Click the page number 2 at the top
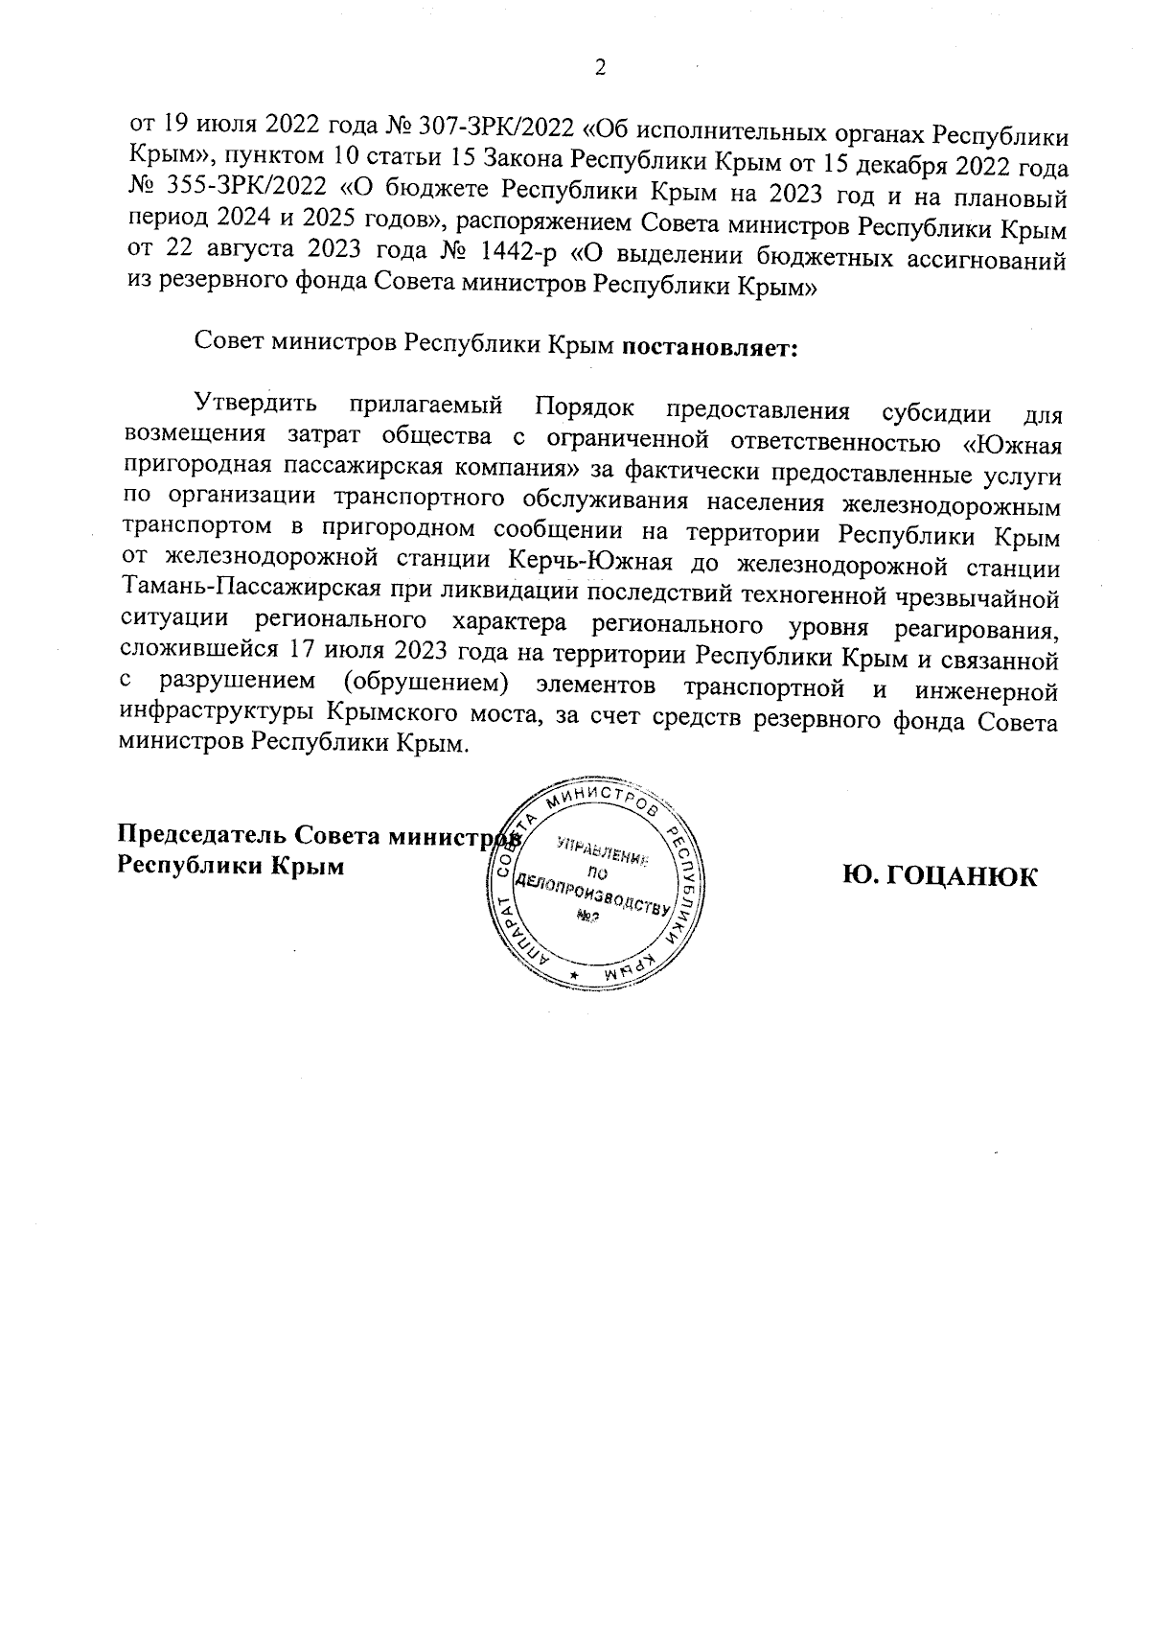click(x=601, y=67)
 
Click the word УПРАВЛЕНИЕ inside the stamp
click(x=601, y=851)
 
